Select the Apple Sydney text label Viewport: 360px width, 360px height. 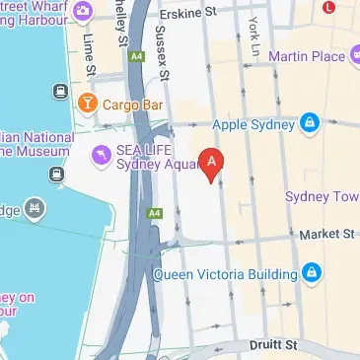(253, 124)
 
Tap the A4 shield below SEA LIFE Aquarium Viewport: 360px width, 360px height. (154, 212)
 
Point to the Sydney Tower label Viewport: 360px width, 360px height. (322, 196)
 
